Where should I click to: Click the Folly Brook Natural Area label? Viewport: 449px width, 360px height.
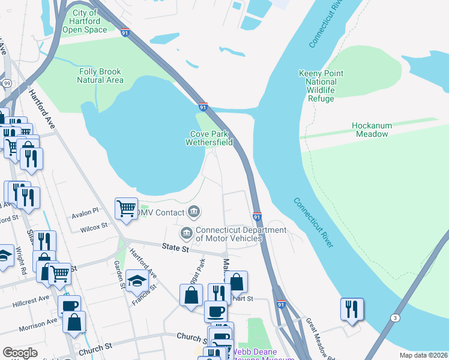tap(101, 76)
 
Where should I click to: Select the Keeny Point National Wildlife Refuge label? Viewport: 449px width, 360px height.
tap(321, 86)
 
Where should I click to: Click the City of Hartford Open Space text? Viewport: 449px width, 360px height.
tap(85, 21)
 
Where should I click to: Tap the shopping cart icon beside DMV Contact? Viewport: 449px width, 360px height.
tap(127, 209)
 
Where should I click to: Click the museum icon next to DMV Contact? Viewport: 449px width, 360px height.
tap(194, 211)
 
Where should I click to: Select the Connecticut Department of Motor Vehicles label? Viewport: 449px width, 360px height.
tap(232, 234)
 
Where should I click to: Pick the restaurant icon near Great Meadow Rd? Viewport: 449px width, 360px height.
tap(352, 308)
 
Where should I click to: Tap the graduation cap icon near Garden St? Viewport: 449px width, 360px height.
tap(137, 281)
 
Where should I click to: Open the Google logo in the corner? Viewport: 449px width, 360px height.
tap(20, 353)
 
